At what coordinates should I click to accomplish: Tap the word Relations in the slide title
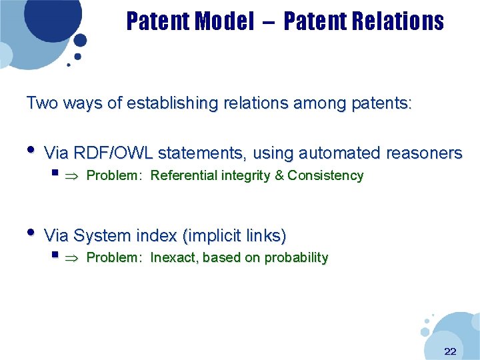point(397,21)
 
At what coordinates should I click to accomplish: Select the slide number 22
point(450,351)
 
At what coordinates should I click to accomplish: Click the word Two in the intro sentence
point(41,103)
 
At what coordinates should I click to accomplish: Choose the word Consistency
point(325,176)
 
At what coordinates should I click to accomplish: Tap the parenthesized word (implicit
point(215,235)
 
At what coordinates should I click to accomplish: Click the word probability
point(296,258)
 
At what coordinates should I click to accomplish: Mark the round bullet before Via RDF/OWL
point(31,150)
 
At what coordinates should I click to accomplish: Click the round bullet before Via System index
point(31,232)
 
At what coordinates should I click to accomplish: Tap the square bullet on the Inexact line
point(54,255)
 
